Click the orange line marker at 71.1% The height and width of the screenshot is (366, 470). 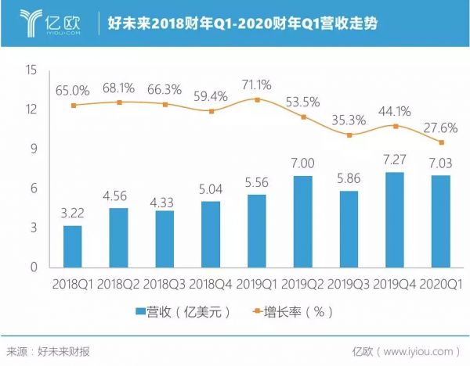point(258,99)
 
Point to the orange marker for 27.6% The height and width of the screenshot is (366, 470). point(443,142)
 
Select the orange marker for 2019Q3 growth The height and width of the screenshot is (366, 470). point(350,135)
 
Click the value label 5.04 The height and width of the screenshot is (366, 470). point(211,188)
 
